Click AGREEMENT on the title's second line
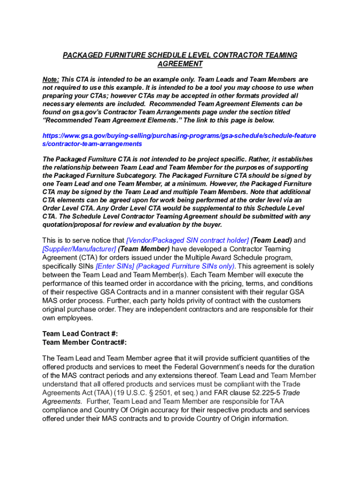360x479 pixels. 180,64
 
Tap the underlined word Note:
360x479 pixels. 51,80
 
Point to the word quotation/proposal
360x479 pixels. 70,225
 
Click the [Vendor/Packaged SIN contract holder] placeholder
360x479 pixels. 187,240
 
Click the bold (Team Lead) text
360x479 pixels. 271,240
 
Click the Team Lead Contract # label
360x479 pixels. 80,334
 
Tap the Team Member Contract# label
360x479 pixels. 84,342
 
